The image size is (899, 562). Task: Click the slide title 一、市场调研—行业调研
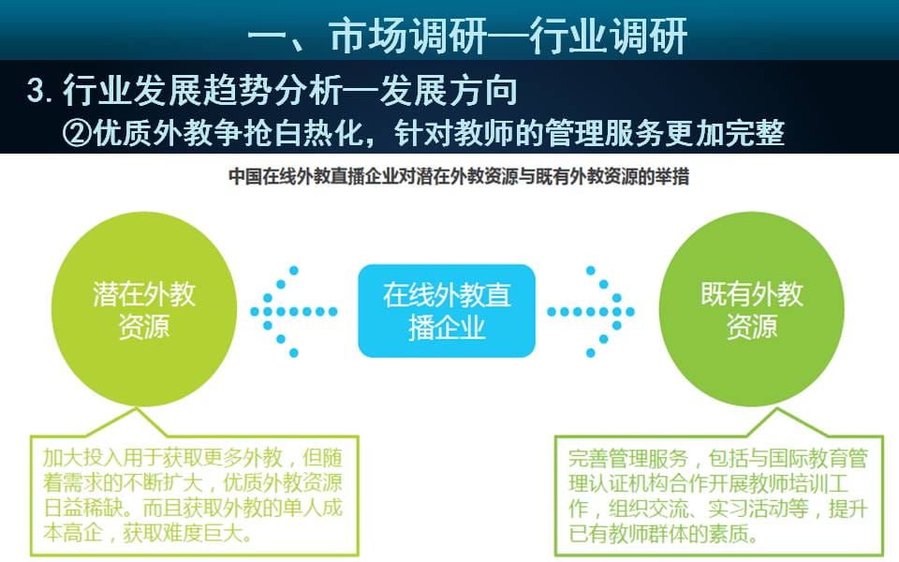(467, 37)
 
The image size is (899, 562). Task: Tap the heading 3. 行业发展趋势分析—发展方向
(272, 90)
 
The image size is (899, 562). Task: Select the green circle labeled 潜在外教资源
(144, 309)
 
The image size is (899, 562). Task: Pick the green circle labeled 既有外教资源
(752, 309)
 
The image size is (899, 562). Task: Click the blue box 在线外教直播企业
(447, 311)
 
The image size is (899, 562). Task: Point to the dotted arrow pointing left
(293, 311)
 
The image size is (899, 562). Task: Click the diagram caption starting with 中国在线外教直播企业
(459, 177)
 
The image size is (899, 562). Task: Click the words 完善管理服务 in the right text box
(627, 458)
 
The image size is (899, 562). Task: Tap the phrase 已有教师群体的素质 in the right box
(658, 534)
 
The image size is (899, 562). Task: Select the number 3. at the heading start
(40, 91)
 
